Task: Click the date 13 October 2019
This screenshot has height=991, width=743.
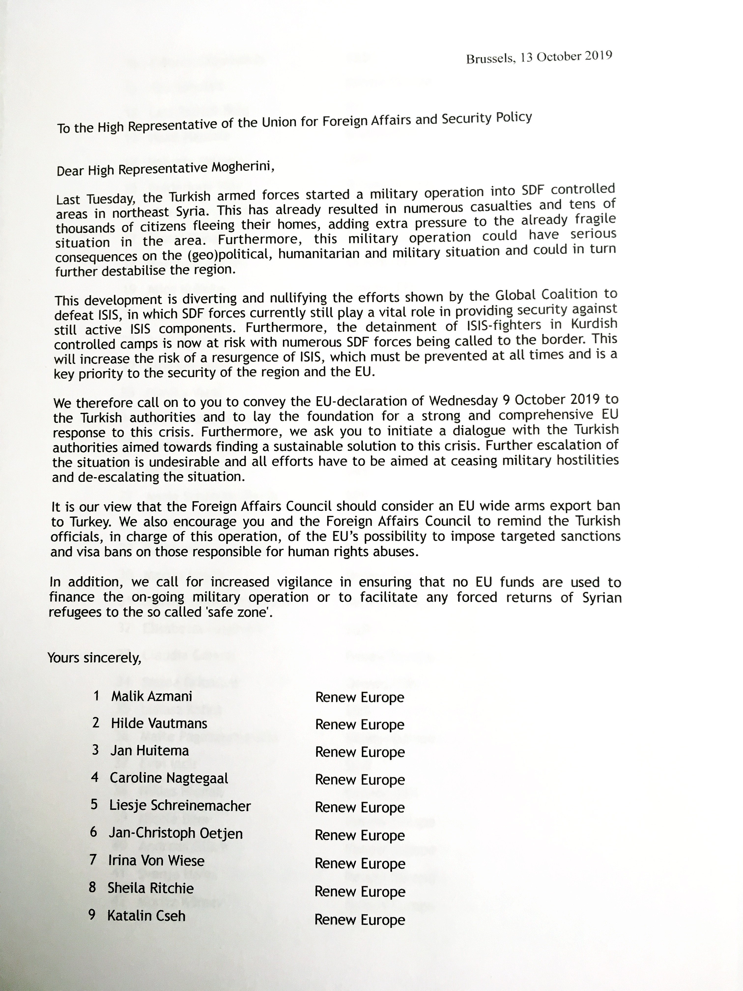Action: click(x=566, y=57)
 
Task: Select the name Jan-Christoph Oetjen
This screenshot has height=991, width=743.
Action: click(x=176, y=833)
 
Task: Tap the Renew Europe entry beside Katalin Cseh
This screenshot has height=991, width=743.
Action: click(x=360, y=919)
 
